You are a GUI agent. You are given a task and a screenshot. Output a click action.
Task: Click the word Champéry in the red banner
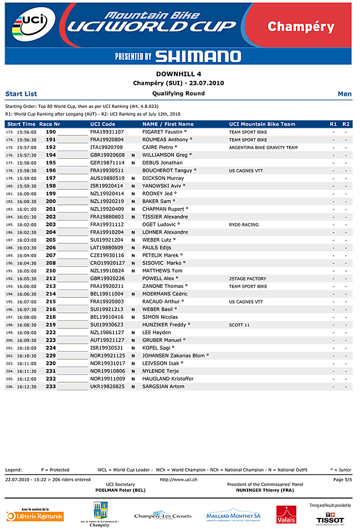301,27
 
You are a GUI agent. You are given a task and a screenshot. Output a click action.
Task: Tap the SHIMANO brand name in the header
198,56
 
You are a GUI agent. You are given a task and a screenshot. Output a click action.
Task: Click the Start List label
21,94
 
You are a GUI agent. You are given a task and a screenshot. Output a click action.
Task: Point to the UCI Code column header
102,124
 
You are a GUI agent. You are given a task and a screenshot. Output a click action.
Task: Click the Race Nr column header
49,124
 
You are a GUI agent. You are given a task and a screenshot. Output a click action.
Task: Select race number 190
51,132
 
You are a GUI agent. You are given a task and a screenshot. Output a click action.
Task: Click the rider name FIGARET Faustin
163,132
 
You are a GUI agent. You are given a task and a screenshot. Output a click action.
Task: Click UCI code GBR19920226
107,278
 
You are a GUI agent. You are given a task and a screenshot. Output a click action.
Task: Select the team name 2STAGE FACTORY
248,278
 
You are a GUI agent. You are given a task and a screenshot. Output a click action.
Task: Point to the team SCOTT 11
239,325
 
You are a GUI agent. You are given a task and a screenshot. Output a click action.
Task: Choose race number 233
51,386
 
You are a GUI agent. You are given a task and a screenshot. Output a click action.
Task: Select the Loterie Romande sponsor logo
35,516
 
